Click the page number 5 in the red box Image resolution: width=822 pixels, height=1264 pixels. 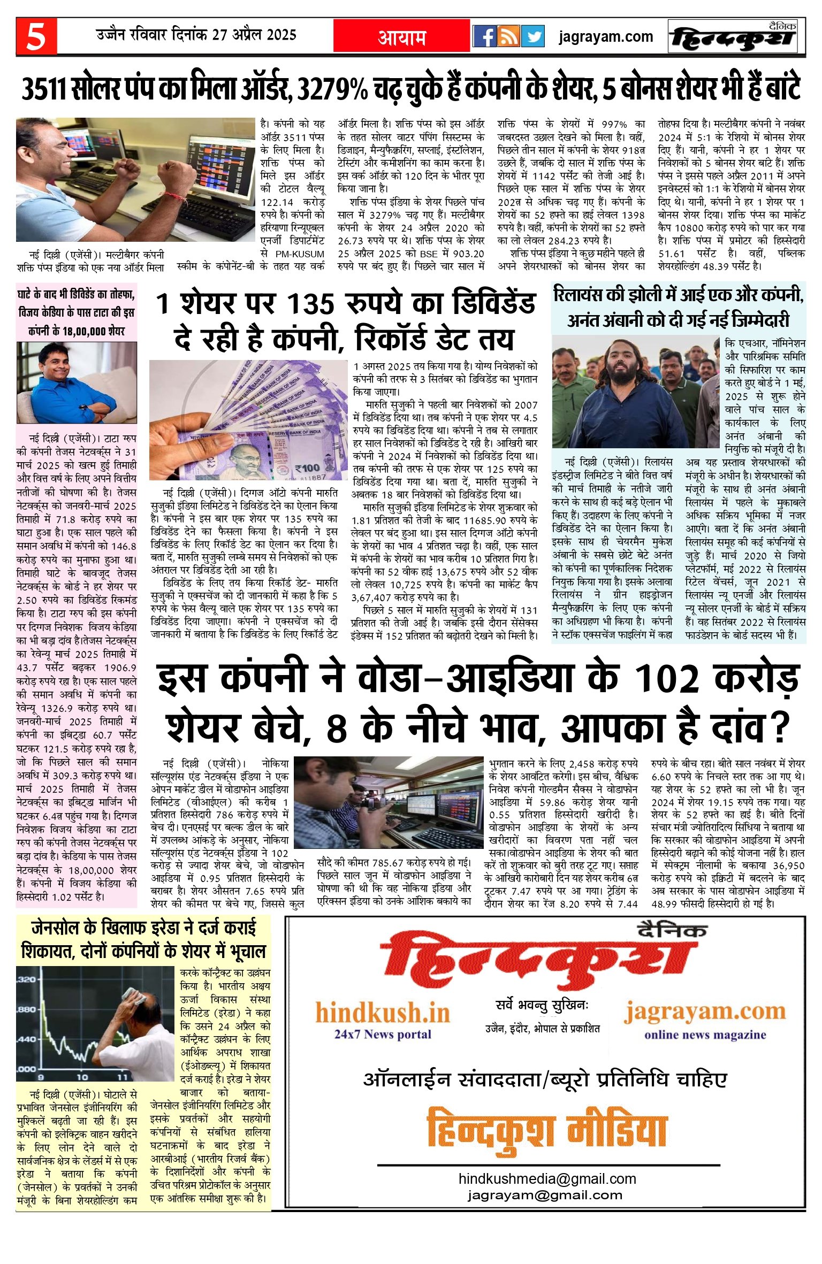click(x=36, y=37)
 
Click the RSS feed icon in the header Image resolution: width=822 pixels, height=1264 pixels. click(x=508, y=36)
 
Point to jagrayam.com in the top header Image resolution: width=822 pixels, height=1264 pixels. click(x=606, y=37)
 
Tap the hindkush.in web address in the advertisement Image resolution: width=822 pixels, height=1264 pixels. click(x=383, y=1013)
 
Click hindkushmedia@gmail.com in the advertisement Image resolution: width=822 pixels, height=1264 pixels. click(x=547, y=1178)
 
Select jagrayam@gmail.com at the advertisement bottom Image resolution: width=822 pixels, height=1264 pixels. click(x=545, y=1194)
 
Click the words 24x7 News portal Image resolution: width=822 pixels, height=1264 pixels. click(x=383, y=1034)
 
